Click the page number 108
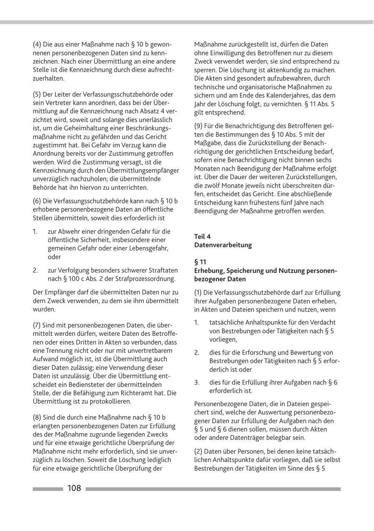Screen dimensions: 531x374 (x=74, y=489)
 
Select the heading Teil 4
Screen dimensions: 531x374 (x=202, y=236)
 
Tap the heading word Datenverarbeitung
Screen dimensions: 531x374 (x=223, y=245)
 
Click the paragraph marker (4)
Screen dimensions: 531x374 (x=37, y=45)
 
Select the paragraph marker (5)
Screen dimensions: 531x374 (x=37, y=94)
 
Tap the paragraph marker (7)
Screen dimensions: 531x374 (x=37, y=325)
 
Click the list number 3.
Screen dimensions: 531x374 (x=197, y=382)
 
